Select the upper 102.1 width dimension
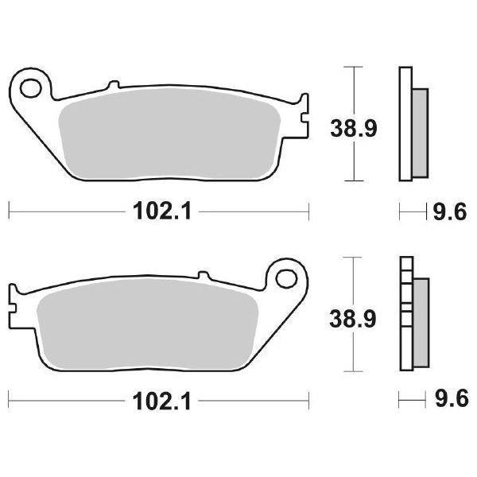click(x=159, y=211)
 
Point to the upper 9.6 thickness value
click(x=448, y=212)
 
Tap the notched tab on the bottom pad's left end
click(x=14, y=301)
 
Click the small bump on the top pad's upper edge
click(x=112, y=83)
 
